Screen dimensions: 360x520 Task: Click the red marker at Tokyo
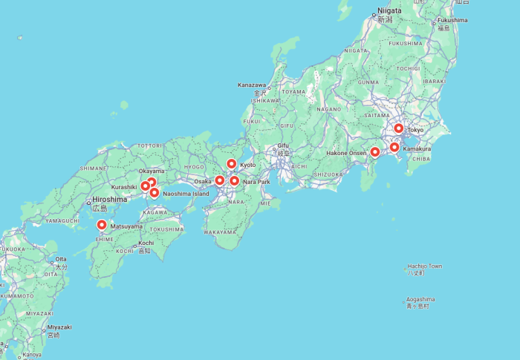pos(399,128)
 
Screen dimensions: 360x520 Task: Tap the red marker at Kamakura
pos(394,147)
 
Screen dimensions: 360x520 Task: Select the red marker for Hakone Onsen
pos(375,152)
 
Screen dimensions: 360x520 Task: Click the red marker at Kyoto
pos(232,164)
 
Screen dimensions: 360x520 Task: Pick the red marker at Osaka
pos(220,180)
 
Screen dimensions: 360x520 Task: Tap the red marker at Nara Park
pos(234,180)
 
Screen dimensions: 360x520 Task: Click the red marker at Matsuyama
pos(102,224)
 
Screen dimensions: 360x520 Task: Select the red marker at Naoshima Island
pos(155,193)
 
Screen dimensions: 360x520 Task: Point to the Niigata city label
pos(389,10)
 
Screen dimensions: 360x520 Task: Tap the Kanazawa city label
pos(252,85)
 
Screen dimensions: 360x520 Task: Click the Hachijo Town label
pos(425,266)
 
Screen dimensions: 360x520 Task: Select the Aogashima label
pos(420,299)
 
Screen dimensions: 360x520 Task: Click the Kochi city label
pos(146,243)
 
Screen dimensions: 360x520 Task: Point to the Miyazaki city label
pos(59,327)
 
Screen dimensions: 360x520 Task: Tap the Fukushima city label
pos(452,20)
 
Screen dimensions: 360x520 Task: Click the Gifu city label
pos(283,145)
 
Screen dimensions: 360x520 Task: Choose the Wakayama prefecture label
pos(220,232)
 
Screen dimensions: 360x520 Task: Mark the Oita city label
pos(61,259)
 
